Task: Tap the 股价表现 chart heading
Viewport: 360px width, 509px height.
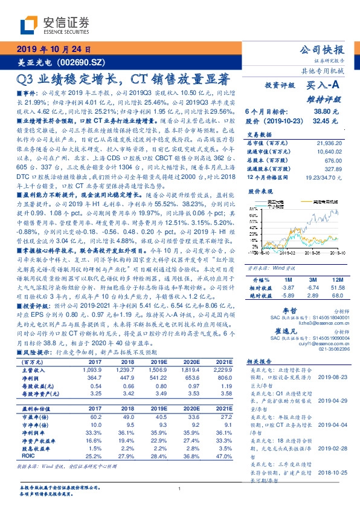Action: click(258, 190)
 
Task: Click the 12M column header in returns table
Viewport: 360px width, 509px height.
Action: click(336, 280)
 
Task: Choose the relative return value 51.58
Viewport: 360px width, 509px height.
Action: click(336, 288)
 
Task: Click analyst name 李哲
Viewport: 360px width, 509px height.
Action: click(291, 310)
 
